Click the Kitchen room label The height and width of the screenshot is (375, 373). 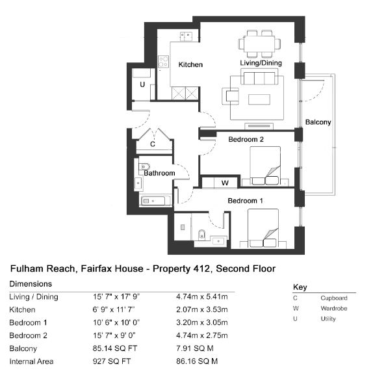[x=190, y=64]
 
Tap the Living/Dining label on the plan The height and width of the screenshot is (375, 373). [x=261, y=63]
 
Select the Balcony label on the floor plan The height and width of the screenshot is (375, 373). [x=318, y=122]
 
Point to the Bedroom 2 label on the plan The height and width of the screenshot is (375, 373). [x=246, y=139]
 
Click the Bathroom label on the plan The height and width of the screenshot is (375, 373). [x=159, y=173]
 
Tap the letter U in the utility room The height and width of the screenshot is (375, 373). [x=142, y=84]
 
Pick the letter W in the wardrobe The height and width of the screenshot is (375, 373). [x=225, y=183]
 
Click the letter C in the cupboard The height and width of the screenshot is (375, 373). [x=153, y=144]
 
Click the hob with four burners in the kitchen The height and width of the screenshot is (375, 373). [x=164, y=62]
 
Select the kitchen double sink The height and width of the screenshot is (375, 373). [x=186, y=36]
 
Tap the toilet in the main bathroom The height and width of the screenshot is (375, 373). [x=144, y=166]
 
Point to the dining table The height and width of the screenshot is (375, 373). [x=259, y=44]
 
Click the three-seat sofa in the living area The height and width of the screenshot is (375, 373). [x=259, y=77]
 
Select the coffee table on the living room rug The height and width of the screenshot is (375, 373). [x=259, y=99]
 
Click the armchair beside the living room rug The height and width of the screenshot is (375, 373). [x=231, y=96]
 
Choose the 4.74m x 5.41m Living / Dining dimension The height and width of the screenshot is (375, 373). [x=202, y=297]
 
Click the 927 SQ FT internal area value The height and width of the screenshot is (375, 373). [x=112, y=361]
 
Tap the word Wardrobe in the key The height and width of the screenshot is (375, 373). [x=334, y=309]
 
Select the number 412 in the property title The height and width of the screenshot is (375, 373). [x=201, y=268]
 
